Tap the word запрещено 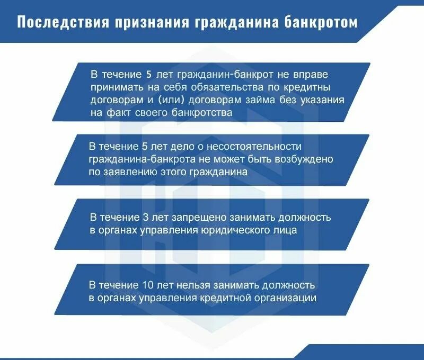pos(191,218)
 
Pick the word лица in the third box pos(300,230)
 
